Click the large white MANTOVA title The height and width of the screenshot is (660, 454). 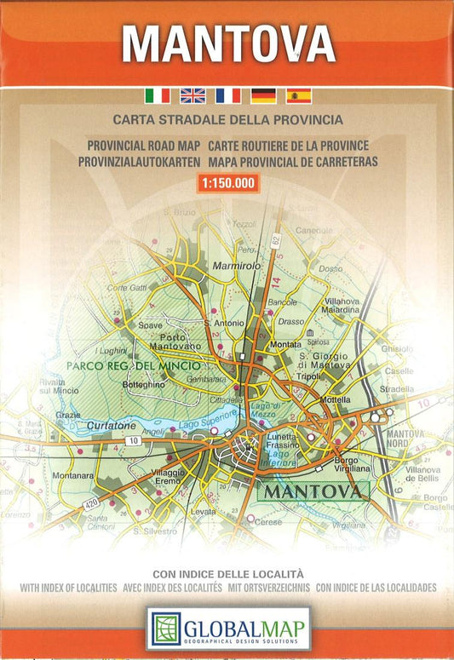pyautogui.click(x=227, y=43)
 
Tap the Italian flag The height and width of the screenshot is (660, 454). pyautogui.click(x=157, y=95)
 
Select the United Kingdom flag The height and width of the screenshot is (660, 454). pyautogui.click(x=193, y=95)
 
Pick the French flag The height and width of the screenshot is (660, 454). pyautogui.click(x=227, y=95)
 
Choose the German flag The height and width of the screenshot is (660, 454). pyautogui.click(x=263, y=95)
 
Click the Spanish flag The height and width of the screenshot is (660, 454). pyautogui.click(x=298, y=95)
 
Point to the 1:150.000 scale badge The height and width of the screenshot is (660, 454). pyautogui.click(x=227, y=182)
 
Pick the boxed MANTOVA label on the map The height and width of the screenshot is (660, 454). pyautogui.click(x=312, y=492)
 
